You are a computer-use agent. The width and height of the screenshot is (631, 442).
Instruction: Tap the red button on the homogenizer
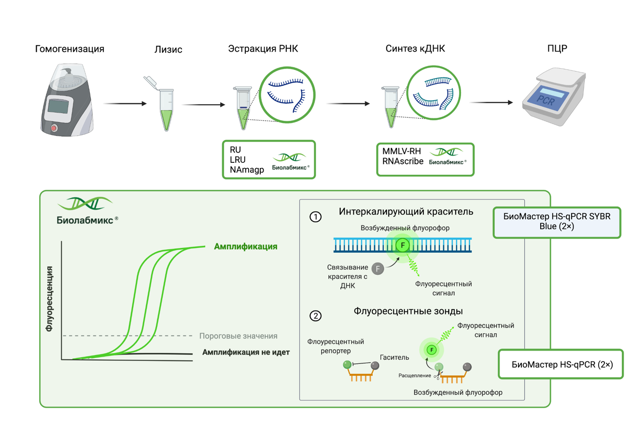[x=54, y=128]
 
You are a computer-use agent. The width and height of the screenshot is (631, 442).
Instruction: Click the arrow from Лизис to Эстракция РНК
[x=203, y=104]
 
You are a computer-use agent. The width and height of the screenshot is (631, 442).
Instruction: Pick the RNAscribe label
[x=403, y=161]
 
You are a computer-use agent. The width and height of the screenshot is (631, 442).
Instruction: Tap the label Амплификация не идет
[x=246, y=352]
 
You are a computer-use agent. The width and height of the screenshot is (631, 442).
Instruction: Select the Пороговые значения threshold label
[x=238, y=336]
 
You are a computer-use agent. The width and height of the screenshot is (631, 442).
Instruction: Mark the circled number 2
[x=315, y=316]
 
